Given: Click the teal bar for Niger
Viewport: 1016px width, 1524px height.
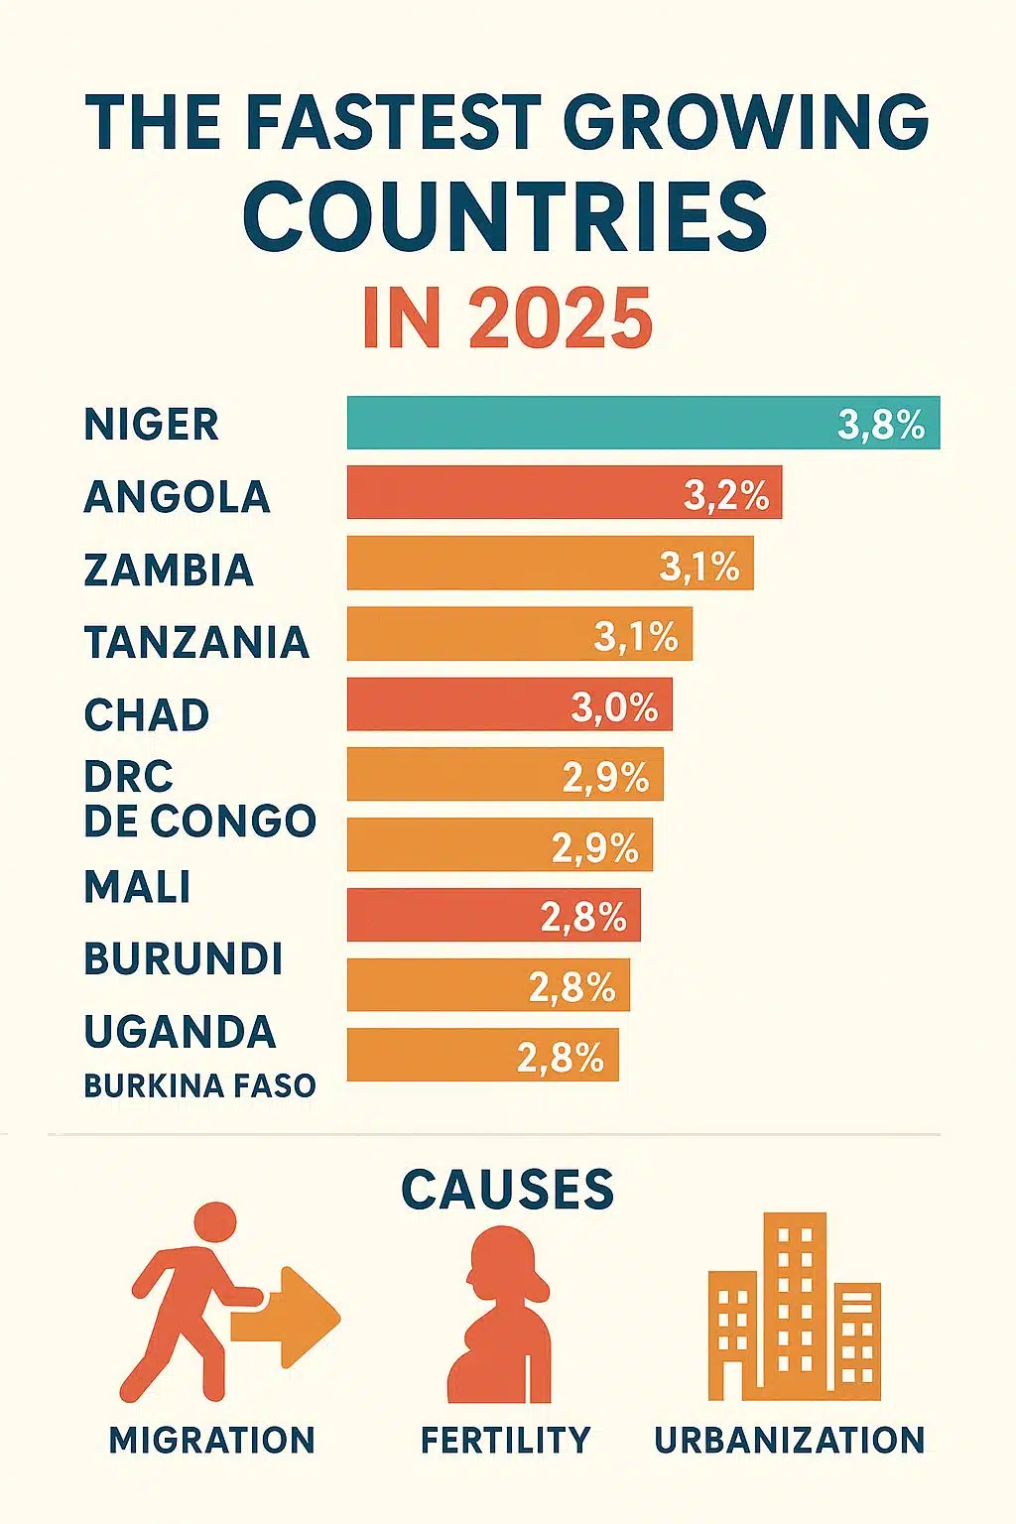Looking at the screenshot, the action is click(x=595, y=423).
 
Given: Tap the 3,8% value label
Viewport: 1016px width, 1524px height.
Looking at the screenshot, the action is click(x=881, y=425).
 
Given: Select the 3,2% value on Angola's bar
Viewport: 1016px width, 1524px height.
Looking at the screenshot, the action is click(x=726, y=494).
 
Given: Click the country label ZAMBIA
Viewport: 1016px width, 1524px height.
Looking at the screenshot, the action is click(x=169, y=570).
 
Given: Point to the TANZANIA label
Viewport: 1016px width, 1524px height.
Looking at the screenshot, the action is click(x=196, y=642).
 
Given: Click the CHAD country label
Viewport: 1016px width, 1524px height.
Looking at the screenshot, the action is click(x=147, y=715).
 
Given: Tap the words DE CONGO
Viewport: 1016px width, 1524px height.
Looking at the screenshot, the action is click(x=199, y=821).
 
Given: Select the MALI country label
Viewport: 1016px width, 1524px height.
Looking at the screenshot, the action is click(x=138, y=886).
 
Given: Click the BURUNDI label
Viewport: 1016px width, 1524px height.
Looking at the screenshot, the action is click(x=184, y=958).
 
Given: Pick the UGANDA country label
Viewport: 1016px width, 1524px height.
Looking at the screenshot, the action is click(x=180, y=1032).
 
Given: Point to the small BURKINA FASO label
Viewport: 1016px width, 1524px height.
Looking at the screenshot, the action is click(x=199, y=1085).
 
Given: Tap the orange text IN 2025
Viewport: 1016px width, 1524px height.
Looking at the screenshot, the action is click(x=507, y=318).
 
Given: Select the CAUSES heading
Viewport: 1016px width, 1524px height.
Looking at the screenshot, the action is click(x=507, y=1189).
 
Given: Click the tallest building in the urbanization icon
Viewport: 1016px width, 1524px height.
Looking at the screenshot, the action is click(x=794, y=1300).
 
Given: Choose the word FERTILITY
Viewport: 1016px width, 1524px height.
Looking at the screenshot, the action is click(x=505, y=1440).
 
